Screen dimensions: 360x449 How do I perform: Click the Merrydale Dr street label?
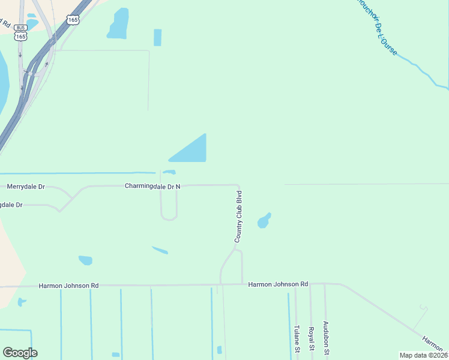coord(26,187)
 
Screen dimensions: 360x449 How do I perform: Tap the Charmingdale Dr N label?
coord(152,187)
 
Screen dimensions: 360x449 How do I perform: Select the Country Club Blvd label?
coord(238,217)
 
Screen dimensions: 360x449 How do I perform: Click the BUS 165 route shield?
coord(21,32)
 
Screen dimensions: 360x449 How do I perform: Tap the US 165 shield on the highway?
coord(73,20)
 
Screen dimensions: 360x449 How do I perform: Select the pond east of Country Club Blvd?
coord(264,221)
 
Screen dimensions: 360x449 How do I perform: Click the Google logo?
coord(20,353)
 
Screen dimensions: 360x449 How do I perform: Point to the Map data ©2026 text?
coord(423,355)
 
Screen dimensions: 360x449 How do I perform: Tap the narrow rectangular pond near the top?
coord(157,37)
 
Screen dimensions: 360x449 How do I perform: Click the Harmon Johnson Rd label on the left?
coord(68,286)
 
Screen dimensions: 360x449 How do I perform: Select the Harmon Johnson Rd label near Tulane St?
coord(278,284)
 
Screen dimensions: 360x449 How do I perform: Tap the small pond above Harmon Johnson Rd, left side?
coord(86,260)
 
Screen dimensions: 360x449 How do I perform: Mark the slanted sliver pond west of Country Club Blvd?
coord(160,250)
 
